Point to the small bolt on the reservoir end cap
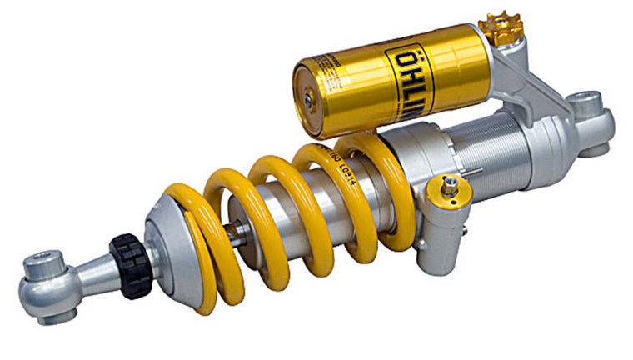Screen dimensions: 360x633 point(307,99)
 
